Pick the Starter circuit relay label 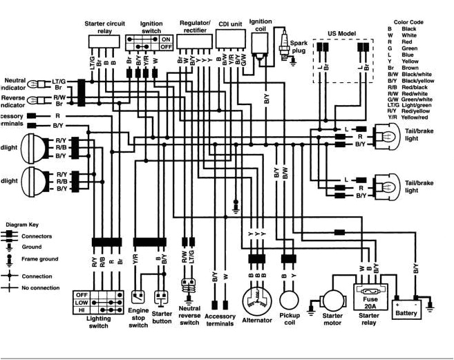(x=104, y=27)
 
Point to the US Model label (x=342, y=33)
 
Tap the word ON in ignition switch (x=165, y=39)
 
